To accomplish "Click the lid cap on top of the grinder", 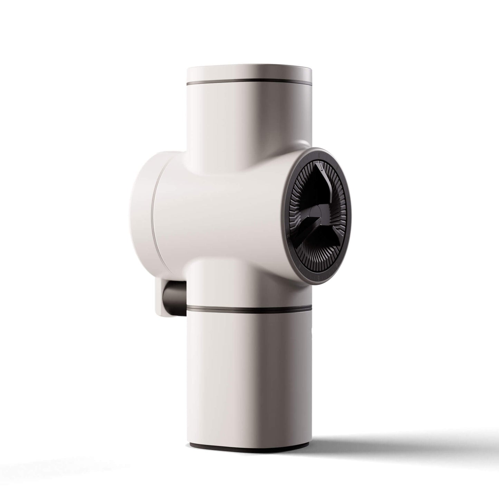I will [x=249, y=73].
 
